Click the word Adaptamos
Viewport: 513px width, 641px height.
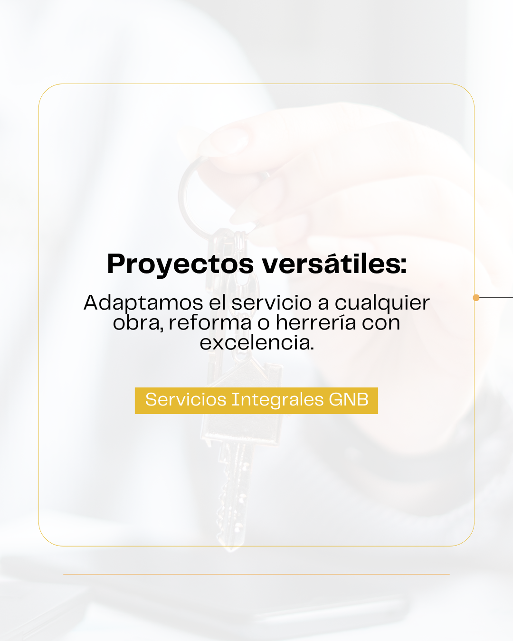143,303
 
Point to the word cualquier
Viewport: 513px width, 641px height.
382,303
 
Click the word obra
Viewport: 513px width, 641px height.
138,323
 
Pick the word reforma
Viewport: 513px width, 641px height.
210,323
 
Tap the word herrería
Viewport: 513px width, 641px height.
316,322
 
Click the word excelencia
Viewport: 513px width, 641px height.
256,342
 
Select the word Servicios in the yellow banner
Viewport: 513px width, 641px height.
186,399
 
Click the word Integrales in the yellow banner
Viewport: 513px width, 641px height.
277,400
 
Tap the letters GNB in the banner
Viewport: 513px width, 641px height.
349,399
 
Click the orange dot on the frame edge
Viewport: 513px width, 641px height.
476,298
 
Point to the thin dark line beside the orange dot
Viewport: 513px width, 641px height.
496,298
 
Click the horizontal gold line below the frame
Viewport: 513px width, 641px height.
256,574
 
